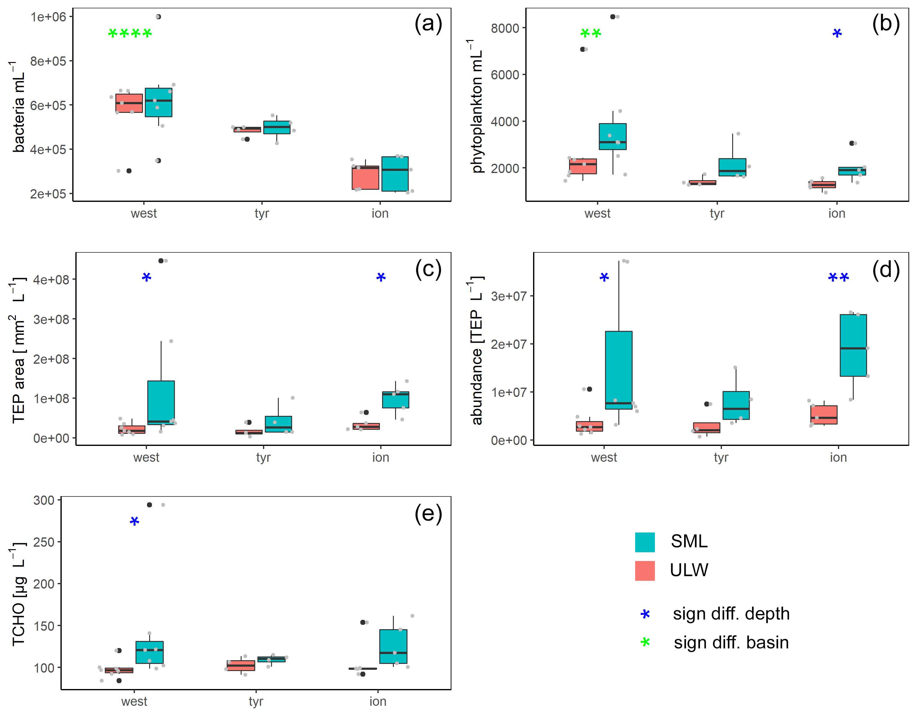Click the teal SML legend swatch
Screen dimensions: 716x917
point(644,542)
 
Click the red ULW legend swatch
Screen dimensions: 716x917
point(644,571)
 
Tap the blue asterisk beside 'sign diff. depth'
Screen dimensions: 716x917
point(645,614)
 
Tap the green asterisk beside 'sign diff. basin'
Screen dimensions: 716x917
point(645,642)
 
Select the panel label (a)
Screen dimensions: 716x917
point(428,24)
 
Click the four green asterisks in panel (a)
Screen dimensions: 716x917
point(130,33)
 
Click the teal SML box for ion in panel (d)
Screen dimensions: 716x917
point(853,345)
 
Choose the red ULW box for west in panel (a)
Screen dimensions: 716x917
point(129,103)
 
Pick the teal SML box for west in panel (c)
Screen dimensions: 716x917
point(161,402)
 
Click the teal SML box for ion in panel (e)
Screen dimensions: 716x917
point(393,646)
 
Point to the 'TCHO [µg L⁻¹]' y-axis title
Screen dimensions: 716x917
point(19,594)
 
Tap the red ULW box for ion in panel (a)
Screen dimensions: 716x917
point(365,178)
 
